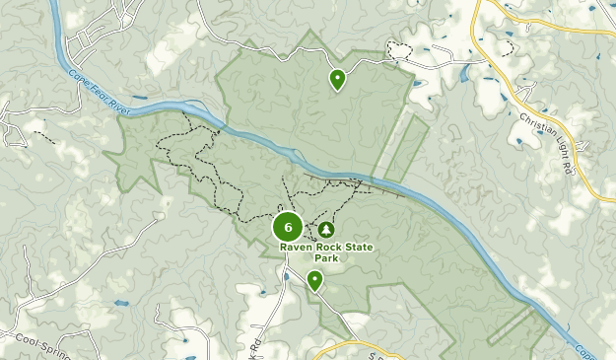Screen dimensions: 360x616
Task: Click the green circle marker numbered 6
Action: click(x=288, y=227)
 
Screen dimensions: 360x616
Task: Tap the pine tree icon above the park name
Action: click(x=326, y=230)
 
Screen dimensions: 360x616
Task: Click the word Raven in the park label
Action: click(x=295, y=248)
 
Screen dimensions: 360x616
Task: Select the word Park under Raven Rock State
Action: click(x=327, y=258)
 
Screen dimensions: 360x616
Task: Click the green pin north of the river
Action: click(x=338, y=79)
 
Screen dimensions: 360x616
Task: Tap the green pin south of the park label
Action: click(x=314, y=281)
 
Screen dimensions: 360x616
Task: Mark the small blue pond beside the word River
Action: click(x=137, y=99)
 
